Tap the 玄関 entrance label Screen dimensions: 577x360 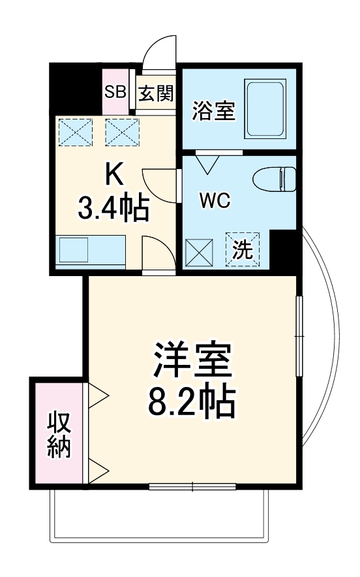[x=156, y=94]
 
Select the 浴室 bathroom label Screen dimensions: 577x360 [x=213, y=111]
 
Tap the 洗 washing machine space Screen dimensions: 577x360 [x=243, y=251]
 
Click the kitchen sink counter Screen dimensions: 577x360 [x=91, y=249]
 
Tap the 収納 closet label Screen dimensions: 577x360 [x=59, y=435]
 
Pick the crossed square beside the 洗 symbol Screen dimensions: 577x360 [x=199, y=251]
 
